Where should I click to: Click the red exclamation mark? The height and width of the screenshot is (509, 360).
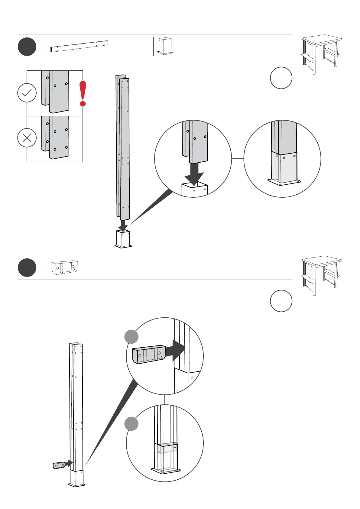83,93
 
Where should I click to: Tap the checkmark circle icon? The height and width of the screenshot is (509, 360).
27,93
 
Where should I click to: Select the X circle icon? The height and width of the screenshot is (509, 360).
27,138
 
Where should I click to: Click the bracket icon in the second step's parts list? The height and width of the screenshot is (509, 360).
64,268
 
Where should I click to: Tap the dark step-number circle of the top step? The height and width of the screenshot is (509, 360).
27,47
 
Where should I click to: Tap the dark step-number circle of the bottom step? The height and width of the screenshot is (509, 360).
27,267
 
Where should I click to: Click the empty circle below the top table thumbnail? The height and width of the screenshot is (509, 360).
281,78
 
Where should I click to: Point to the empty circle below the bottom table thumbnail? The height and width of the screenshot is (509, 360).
281,301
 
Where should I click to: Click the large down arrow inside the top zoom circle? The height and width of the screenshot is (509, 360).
194,174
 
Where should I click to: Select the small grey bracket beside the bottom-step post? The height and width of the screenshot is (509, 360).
59,465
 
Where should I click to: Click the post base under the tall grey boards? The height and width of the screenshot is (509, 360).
123,239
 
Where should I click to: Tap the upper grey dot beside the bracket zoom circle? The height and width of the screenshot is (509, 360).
131,337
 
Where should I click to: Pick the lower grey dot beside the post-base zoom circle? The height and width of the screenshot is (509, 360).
131,423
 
